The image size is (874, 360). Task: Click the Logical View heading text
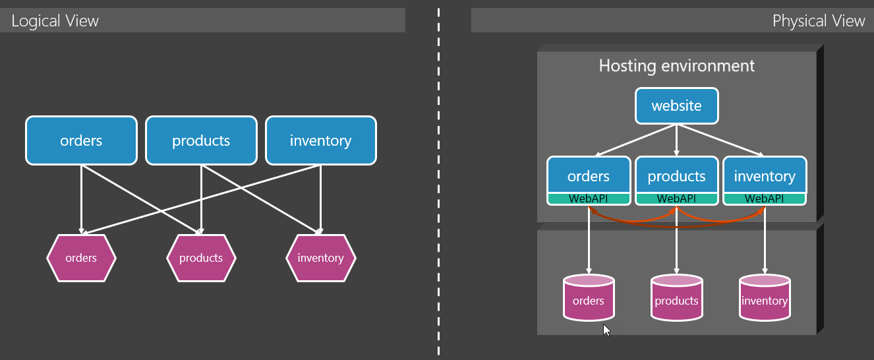coord(55,21)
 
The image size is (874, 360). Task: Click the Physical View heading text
coord(818,21)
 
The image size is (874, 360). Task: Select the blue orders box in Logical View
coord(81,140)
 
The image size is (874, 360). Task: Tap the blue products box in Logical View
coord(201,140)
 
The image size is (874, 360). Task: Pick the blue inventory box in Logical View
coord(320,140)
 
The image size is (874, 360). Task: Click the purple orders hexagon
coord(81,258)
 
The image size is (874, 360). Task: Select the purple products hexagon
coord(201,258)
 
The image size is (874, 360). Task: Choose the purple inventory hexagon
coord(320,258)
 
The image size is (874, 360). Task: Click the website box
coord(676,105)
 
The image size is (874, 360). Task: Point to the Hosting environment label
coord(676,66)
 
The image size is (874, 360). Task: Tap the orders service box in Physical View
coord(588,175)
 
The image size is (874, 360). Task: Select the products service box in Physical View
coord(676,175)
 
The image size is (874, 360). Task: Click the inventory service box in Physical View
coord(765,175)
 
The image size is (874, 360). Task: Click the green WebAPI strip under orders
coord(588,198)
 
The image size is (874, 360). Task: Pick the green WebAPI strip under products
coord(676,198)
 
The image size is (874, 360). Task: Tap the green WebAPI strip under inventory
coord(765,198)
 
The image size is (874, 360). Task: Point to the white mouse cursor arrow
coord(606,330)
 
